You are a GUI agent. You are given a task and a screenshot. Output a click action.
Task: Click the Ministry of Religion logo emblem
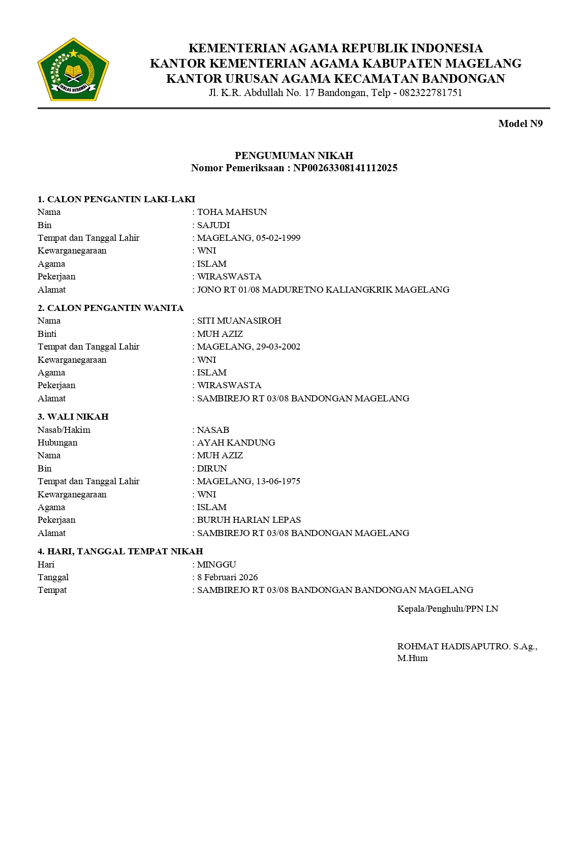tap(73, 70)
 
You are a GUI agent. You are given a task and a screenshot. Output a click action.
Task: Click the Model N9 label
tap(520, 123)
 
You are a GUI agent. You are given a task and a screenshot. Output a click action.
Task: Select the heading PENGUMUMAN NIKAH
tap(294, 155)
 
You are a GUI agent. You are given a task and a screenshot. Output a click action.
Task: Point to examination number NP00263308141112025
tap(345, 168)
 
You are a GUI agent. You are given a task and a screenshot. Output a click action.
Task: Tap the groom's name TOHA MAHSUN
tap(232, 212)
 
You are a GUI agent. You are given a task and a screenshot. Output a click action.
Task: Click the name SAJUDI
tap(213, 225)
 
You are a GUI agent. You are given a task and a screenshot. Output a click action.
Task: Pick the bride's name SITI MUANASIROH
tap(239, 321)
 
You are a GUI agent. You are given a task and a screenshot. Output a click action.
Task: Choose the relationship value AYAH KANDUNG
tap(236, 443)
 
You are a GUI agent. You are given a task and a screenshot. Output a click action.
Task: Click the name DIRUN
tap(212, 468)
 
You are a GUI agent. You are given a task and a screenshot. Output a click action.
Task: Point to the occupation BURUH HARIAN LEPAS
tap(249, 520)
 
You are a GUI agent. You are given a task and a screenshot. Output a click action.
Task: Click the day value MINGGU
tap(216, 564)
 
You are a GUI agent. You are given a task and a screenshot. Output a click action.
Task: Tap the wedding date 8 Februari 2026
tap(227, 577)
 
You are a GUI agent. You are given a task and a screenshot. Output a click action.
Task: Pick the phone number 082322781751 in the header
tap(430, 93)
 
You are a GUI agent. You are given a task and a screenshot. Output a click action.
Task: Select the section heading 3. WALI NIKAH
tap(73, 417)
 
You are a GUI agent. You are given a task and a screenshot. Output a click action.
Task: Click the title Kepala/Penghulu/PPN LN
tap(447, 609)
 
